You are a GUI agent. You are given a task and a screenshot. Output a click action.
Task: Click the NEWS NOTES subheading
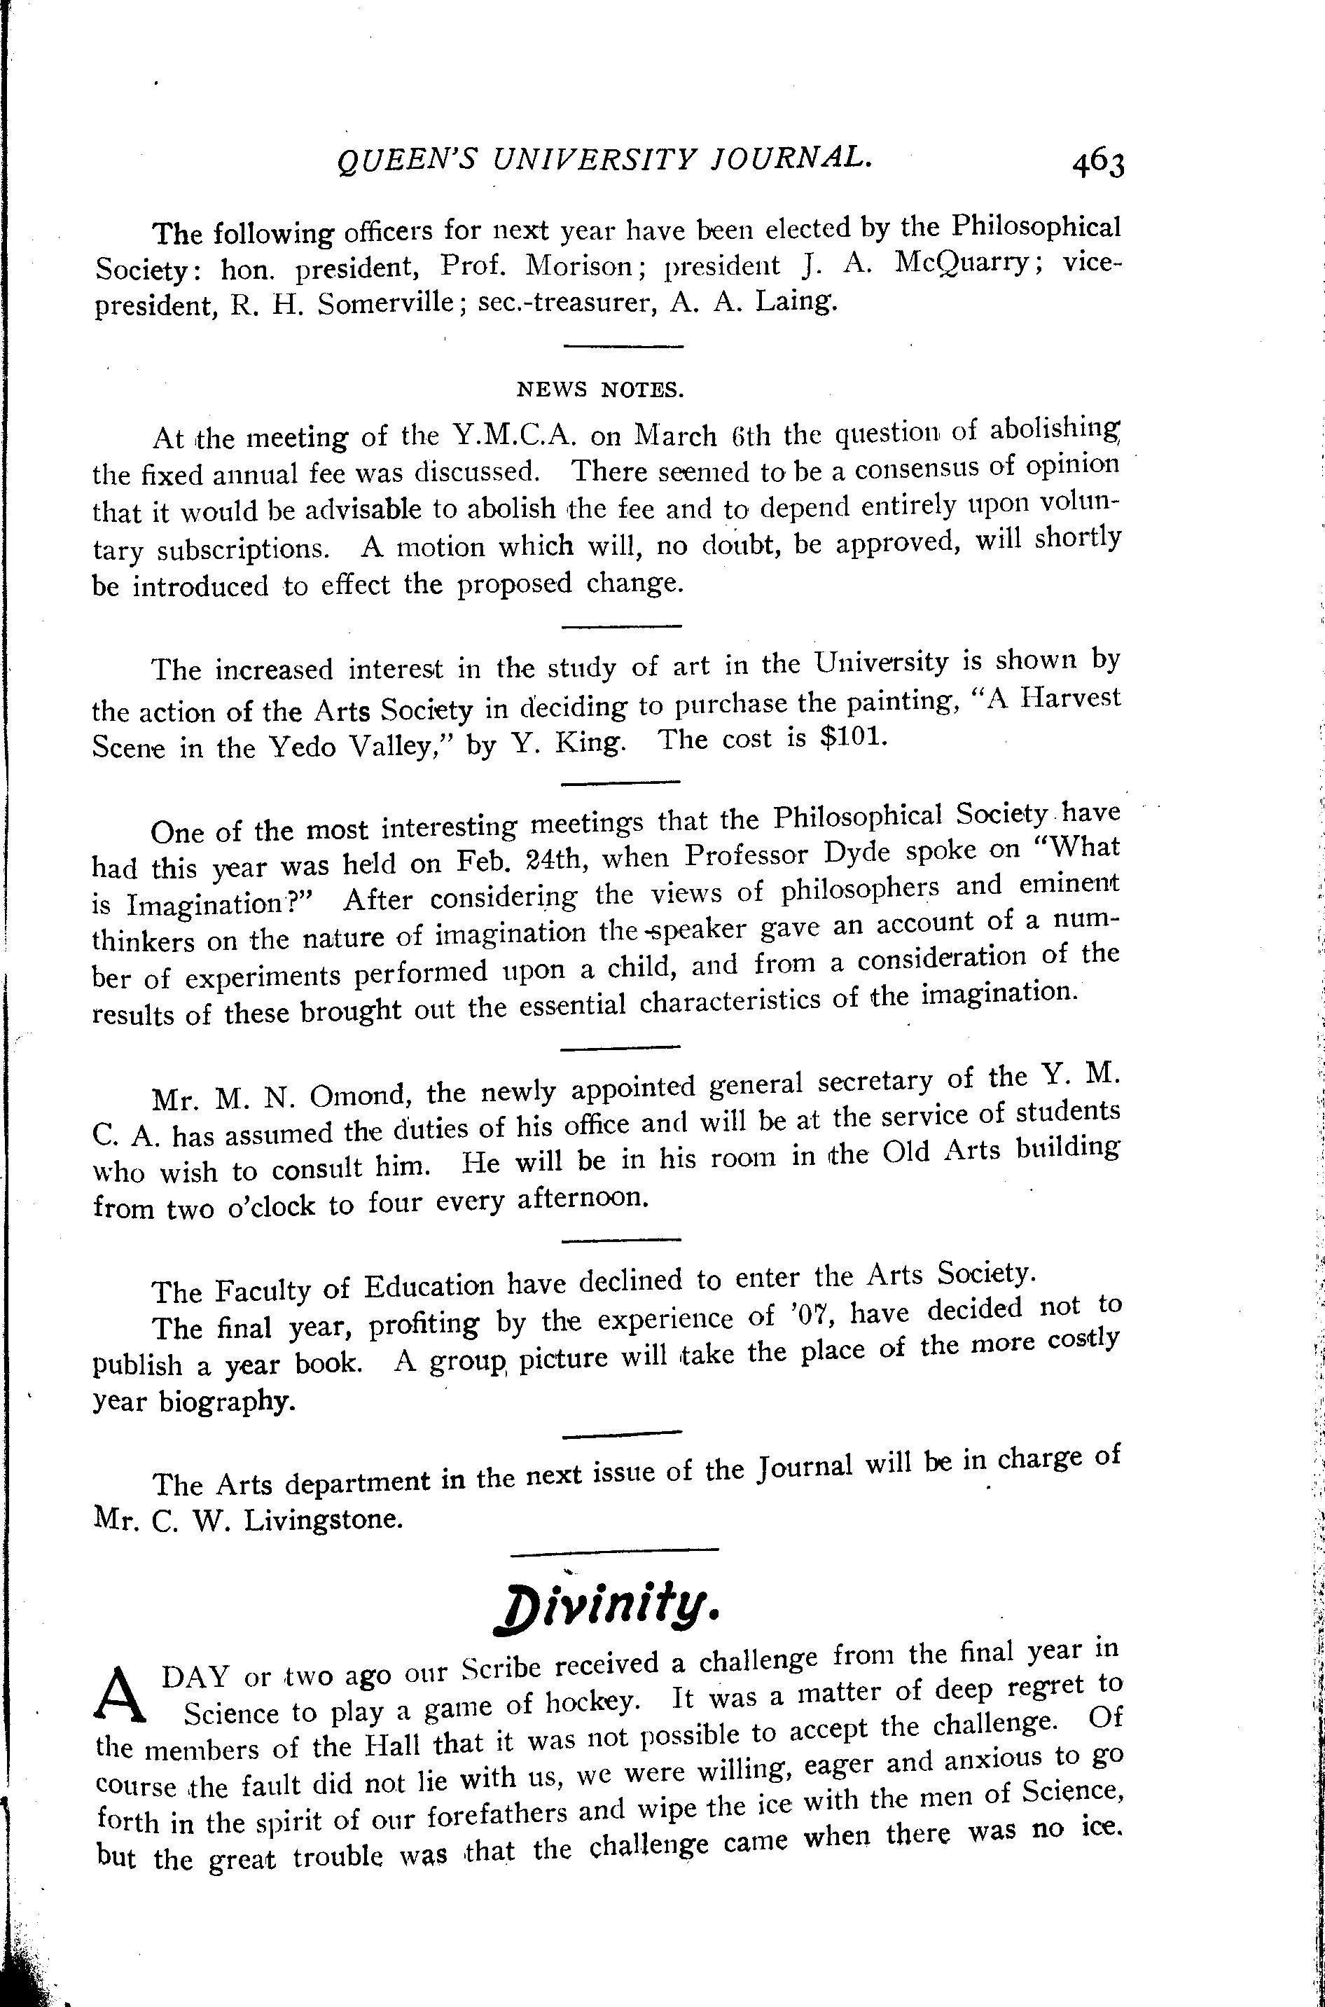(599, 389)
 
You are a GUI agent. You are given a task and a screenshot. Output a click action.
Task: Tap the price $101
(854, 738)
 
